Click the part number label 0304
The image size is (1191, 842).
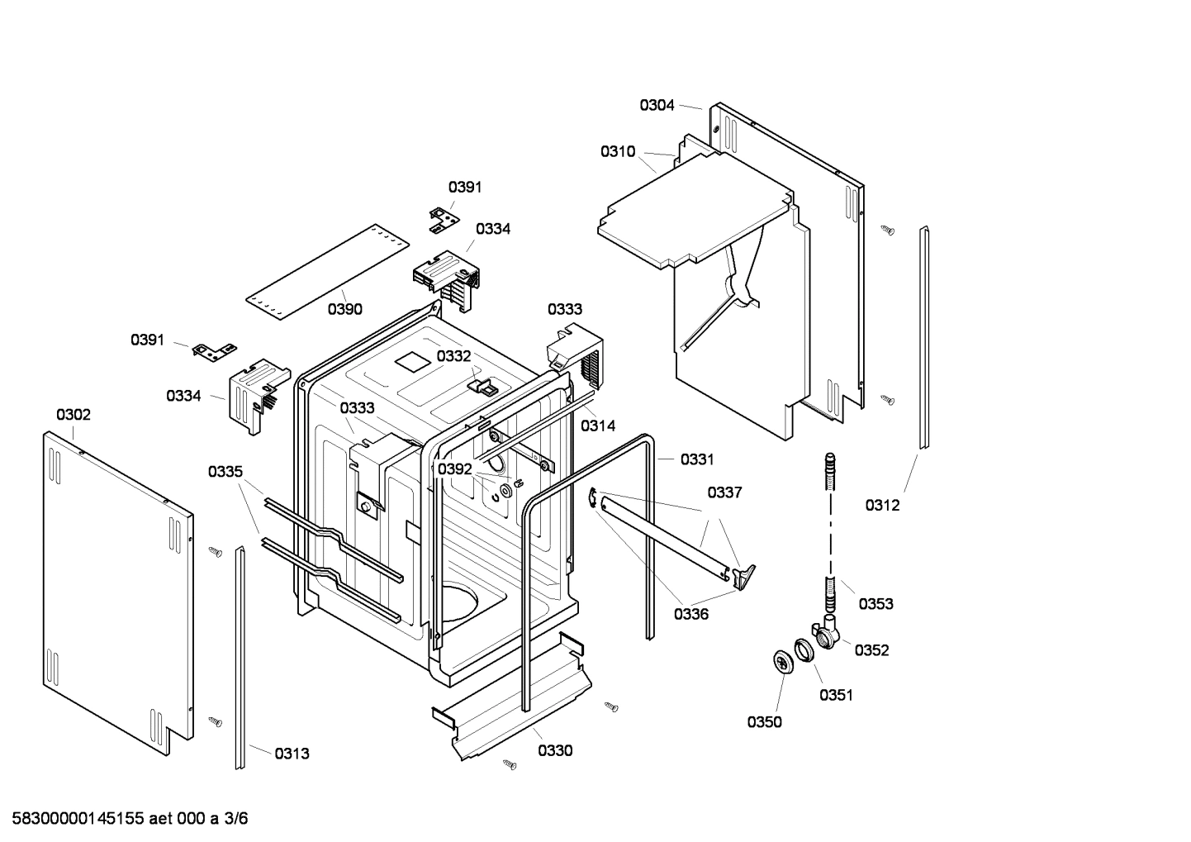click(657, 105)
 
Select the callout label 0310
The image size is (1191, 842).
click(618, 151)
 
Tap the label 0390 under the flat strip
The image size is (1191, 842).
click(344, 309)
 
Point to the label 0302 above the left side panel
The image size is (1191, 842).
click(74, 414)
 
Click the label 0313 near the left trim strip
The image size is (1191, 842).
click(292, 753)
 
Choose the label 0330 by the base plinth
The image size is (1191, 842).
click(555, 750)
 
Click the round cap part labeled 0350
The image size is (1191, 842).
click(781, 662)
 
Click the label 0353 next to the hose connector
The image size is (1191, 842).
click(875, 603)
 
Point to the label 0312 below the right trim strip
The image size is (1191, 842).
click(882, 505)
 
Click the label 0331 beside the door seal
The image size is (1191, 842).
click(697, 459)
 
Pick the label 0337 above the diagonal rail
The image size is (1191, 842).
click(724, 492)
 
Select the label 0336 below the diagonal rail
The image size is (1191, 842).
click(691, 614)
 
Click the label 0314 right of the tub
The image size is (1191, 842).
click(597, 426)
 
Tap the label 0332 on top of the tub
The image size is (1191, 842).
click(453, 355)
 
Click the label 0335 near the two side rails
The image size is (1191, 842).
click(225, 472)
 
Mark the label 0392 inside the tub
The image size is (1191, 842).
click(454, 469)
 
